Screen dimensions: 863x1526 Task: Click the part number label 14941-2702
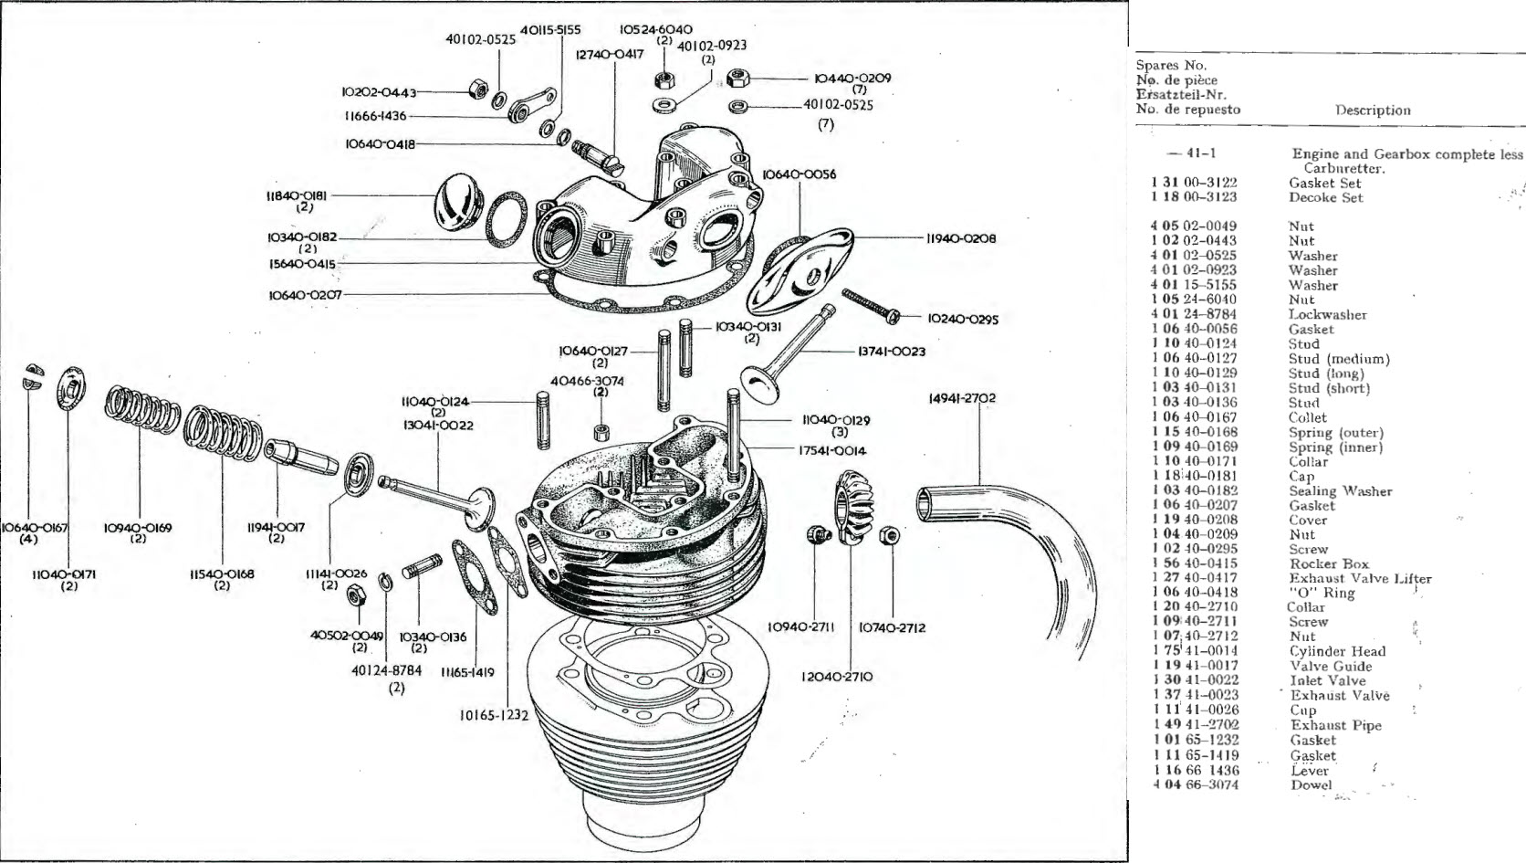coord(962,398)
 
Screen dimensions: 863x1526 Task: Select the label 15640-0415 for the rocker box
coord(301,264)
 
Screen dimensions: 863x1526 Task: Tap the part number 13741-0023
coord(891,351)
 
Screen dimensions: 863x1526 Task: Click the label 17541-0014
coord(831,450)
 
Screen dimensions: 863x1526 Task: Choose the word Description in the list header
coord(1373,111)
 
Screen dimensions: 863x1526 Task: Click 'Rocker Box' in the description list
coord(1329,563)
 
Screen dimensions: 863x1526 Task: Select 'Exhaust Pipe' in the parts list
coord(1335,725)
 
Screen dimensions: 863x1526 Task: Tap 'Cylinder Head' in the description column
coord(1337,651)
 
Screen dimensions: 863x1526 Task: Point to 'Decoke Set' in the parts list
coord(1326,197)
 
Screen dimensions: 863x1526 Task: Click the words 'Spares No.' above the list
coord(1171,66)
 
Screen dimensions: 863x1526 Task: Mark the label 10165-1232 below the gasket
coord(494,715)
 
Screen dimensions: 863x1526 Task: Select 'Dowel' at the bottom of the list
coord(1312,784)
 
